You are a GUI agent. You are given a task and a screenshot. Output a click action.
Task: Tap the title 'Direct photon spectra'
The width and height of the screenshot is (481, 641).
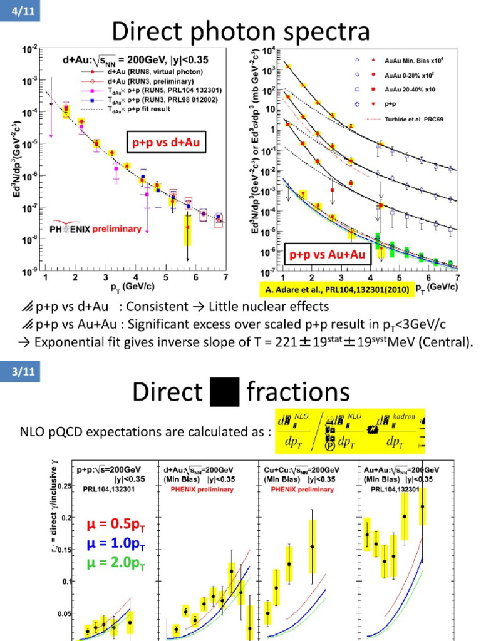coord(240,31)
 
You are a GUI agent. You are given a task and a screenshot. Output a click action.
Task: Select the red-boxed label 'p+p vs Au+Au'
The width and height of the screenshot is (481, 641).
coord(328,255)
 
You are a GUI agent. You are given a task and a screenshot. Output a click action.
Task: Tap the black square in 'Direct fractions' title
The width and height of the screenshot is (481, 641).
coord(224,392)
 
